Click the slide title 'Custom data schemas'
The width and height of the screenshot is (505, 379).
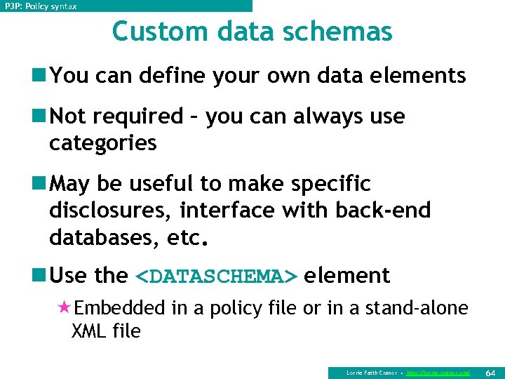(x=252, y=32)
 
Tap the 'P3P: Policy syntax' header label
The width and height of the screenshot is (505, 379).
(x=41, y=6)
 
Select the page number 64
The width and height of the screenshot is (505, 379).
(x=491, y=372)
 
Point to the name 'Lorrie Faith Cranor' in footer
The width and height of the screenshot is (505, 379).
(x=372, y=373)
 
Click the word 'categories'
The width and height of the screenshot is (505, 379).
(x=102, y=143)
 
